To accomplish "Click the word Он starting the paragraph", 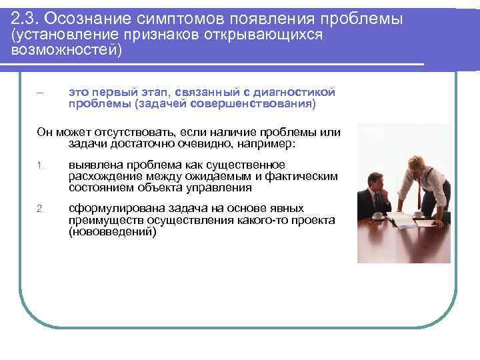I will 45,132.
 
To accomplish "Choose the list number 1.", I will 39,165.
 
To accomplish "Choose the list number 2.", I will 39,209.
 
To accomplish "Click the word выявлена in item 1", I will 91,165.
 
